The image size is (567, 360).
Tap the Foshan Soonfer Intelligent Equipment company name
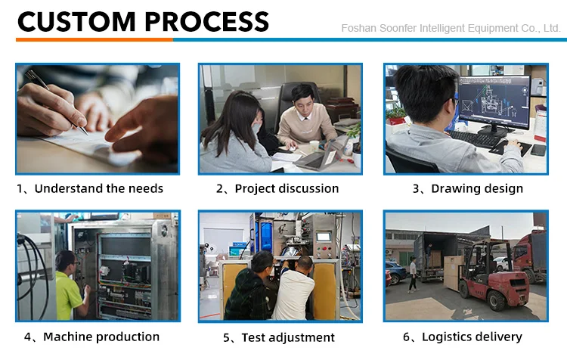[x=451, y=29]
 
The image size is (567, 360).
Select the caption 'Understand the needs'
[x=98, y=188]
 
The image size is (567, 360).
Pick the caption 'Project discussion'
[x=287, y=188]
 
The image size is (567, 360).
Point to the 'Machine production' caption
[x=101, y=337]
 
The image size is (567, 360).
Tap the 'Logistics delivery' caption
[x=472, y=337]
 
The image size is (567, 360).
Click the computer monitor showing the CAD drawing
[x=491, y=101]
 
